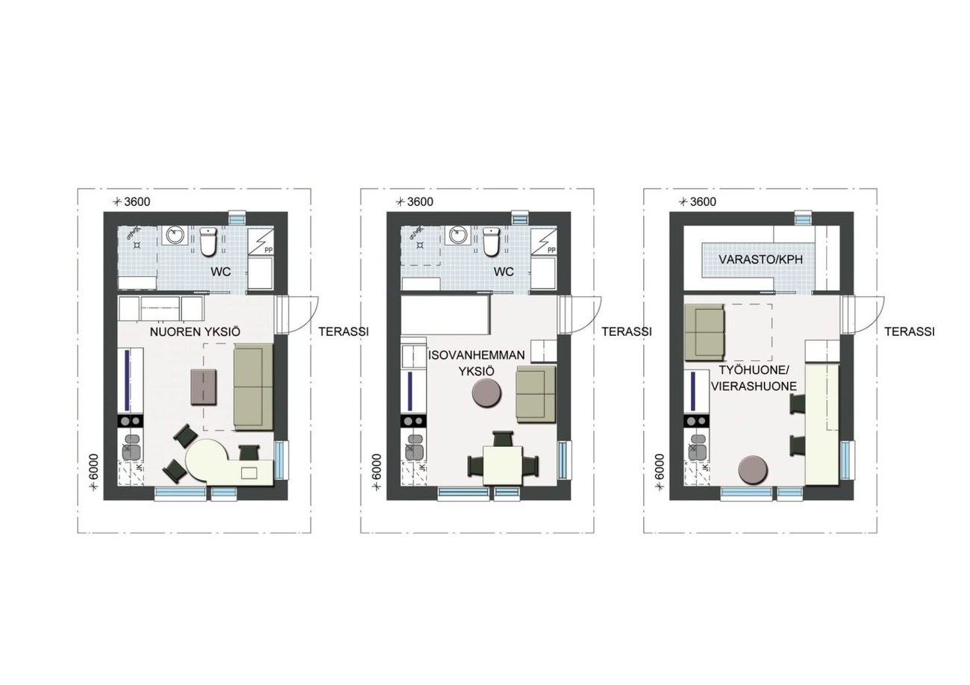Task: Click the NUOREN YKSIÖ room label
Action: pos(195,332)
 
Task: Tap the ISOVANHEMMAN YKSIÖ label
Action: pos(476,363)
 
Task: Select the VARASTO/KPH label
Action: pos(761,260)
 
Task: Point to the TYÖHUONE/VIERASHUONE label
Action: pos(754,378)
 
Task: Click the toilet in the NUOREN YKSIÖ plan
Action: pos(208,242)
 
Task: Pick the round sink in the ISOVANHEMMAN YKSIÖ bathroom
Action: pos(458,236)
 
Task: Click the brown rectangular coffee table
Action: pos(204,387)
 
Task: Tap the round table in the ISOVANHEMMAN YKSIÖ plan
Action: pos(486,392)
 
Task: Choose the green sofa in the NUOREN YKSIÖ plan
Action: pos(254,387)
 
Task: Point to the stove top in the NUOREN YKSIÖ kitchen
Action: pos(131,420)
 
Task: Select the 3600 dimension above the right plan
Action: pos(703,201)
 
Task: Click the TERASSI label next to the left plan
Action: pos(344,331)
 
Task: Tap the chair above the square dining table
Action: pos(503,439)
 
